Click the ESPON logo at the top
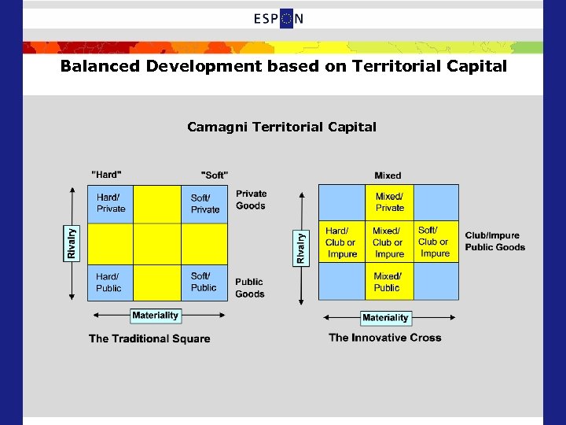coord(278,19)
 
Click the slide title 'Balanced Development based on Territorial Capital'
coord(284,66)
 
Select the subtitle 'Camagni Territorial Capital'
coord(281,127)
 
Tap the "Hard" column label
coord(107,174)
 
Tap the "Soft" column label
coord(215,174)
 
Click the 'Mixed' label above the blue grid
coord(388,176)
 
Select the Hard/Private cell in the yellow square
coord(111,204)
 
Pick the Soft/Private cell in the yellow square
coord(205,204)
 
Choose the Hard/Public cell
coord(109,282)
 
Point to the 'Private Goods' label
coord(251,200)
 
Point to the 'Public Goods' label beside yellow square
coord(249,288)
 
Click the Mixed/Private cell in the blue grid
coord(390,202)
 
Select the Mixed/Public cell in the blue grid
coord(388,282)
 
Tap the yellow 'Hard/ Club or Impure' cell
coord(341,242)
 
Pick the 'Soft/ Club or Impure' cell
coord(435,242)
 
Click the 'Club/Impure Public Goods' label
coord(494,241)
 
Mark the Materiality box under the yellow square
coord(156,316)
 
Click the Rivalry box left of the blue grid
coord(300,246)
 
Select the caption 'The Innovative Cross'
coord(385,338)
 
